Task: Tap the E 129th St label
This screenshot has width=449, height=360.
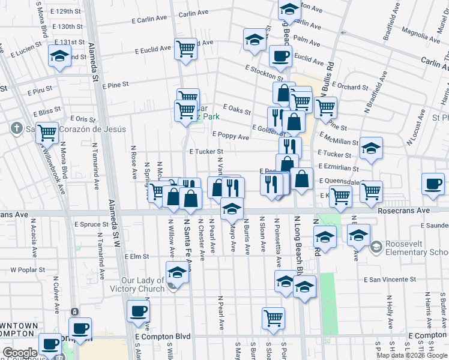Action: point(66,11)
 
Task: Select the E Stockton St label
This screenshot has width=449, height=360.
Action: point(265,73)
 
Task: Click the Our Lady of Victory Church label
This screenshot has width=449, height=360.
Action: point(143,284)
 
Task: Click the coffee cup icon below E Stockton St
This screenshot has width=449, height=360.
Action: point(280,57)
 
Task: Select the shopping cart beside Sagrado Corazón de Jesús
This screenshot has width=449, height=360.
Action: point(47,132)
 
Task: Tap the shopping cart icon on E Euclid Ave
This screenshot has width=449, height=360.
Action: point(186,49)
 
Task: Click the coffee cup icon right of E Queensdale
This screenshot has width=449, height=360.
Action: point(432,183)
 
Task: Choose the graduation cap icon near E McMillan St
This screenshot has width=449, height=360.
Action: point(372,149)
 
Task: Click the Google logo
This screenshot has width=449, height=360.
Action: point(20,353)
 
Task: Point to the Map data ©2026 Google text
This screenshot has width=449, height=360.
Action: point(411,355)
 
